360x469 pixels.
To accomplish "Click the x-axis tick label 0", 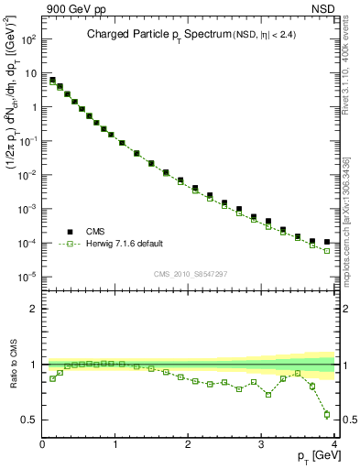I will click(42, 444).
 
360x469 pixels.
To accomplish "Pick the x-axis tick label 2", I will click(188, 444).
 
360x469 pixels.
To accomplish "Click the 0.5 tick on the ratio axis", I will click(30, 420).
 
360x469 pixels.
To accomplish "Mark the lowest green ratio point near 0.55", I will click(326, 414).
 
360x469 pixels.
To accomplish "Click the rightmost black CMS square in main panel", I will click(326, 243).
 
